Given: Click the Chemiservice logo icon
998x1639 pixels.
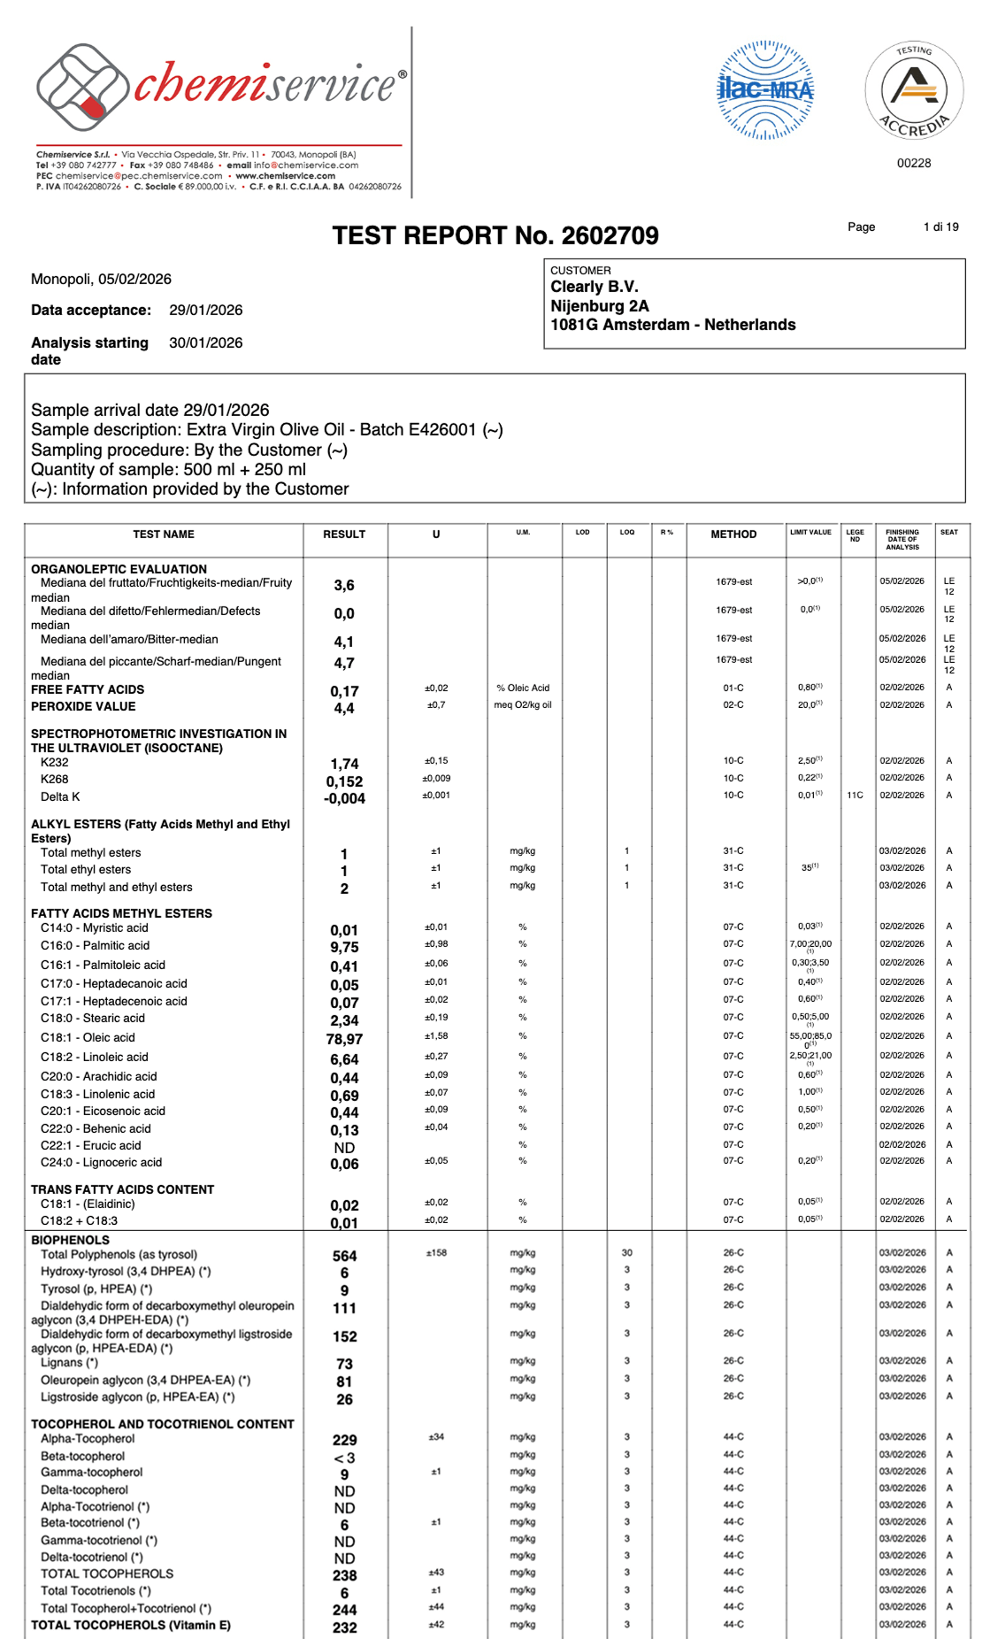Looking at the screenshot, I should [x=80, y=87].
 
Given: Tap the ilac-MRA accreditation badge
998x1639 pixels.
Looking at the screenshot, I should [x=764, y=90].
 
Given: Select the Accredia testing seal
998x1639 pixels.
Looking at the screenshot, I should [x=914, y=90].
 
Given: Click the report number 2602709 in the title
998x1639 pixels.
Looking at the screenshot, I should [x=610, y=235].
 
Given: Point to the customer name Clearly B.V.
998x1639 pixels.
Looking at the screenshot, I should [x=595, y=287].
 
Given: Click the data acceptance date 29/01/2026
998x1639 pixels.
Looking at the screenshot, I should [x=205, y=310].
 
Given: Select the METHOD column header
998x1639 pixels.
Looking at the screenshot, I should [x=733, y=535].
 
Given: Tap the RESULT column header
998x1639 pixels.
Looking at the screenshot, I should [x=344, y=535].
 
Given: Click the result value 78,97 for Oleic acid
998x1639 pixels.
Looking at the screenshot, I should [x=344, y=1039].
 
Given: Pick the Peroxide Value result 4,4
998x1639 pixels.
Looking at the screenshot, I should [x=344, y=708].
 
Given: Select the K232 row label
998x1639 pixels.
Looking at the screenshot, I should [x=55, y=762].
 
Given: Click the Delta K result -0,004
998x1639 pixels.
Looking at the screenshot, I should [x=344, y=798].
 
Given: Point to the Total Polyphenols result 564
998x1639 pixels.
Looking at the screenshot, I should [x=344, y=1256].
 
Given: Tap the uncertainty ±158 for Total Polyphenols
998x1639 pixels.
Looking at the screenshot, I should [x=436, y=1253].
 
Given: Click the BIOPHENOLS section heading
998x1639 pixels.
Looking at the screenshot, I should [x=71, y=1240].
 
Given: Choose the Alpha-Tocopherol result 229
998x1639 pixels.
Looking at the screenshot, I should [x=344, y=1440].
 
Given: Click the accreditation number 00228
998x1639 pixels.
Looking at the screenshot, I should [x=914, y=163].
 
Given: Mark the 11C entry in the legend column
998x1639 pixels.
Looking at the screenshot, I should [x=855, y=795].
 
